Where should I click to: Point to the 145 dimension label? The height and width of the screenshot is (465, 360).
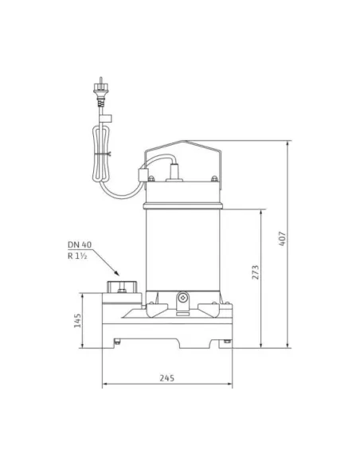tap(77, 321)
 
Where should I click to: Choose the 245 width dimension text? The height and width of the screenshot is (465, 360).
tap(166, 378)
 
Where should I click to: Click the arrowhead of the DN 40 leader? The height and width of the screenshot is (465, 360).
tap(116, 273)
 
